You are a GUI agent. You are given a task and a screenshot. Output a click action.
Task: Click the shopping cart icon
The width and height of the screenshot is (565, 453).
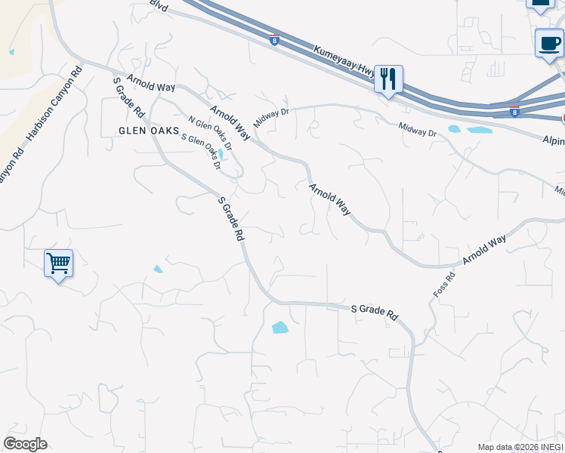coord(58,263)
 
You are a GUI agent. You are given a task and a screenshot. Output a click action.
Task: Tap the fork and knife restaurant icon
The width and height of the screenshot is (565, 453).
coord(388,79)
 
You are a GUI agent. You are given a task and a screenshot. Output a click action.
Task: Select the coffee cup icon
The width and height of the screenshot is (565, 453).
coord(549,43)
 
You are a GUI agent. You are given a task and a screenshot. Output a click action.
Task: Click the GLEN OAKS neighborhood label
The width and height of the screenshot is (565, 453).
coord(149,131)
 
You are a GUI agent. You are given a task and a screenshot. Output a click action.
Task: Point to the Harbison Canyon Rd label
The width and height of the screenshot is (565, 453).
coord(54,106)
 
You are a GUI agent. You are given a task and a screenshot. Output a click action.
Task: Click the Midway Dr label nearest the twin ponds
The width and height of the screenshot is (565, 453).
coord(418,128)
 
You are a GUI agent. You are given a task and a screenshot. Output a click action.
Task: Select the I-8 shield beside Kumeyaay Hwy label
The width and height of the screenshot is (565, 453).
coord(273,40)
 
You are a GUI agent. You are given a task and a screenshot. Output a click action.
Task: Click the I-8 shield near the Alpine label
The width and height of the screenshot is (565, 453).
coord(514,112)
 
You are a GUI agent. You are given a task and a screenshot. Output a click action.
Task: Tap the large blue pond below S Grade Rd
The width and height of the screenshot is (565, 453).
coord(279,328)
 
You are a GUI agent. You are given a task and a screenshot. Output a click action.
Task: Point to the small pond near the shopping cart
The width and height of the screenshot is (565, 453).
coord(158,269)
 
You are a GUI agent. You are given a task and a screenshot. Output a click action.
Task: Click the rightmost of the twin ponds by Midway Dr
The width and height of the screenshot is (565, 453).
coord(479,131)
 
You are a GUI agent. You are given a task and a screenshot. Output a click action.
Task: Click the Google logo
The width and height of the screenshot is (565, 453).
coord(25,444)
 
